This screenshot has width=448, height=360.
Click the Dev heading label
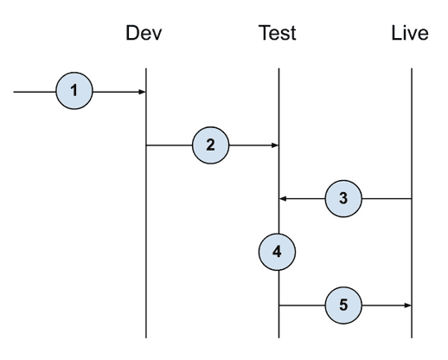[144, 34]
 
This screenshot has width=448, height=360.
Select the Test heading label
[278, 34]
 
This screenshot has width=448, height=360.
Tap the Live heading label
[410, 34]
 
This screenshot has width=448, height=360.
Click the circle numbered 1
[74, 91]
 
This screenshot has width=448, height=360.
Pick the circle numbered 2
[210, 145]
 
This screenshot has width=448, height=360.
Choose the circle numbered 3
[343, 198]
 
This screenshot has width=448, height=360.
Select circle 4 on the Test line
[277, 252]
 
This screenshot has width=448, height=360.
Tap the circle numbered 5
[343, 305]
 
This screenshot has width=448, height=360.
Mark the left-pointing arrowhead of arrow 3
[282, 198]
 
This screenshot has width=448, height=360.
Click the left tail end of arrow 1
[15, 91]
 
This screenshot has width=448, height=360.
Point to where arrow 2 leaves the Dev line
[146, 145]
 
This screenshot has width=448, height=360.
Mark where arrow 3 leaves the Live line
[411, 198]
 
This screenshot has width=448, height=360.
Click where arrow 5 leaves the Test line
[278, 305]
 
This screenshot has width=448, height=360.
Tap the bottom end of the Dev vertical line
[145, 337]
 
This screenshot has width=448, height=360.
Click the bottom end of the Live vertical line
[411, 337]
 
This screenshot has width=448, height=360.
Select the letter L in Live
[394, 34]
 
